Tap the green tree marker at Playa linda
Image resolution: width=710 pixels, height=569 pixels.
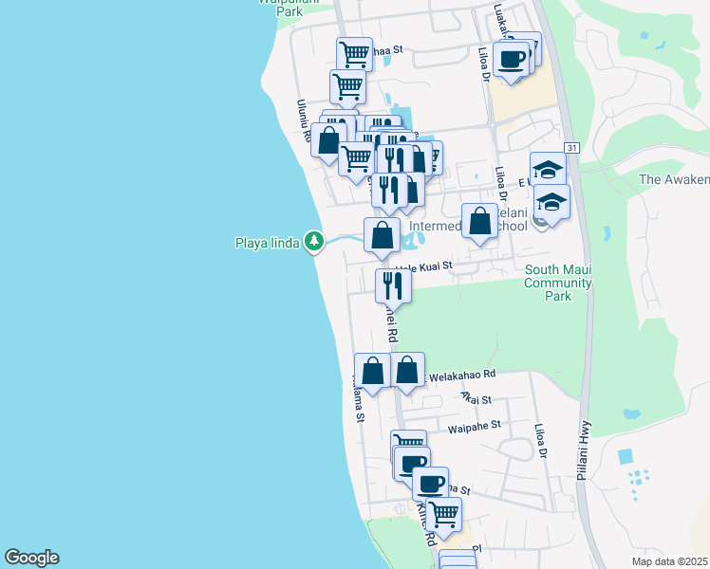coord(314,243)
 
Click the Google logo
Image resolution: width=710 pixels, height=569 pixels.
coord(30,558)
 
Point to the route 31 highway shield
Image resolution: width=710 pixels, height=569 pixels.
coord(571,148)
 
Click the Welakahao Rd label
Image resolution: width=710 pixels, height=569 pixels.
coord(462,376)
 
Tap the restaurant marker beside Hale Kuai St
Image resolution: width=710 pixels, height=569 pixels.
coord(393,284)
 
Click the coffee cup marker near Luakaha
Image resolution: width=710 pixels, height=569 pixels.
coord(511,58)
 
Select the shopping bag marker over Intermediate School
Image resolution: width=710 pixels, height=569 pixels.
coord(480,221)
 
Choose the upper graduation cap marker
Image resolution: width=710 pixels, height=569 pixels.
coord(548,170)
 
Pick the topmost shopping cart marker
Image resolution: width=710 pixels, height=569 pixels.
coord(354,53)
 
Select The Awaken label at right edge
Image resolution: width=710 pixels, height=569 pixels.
coord(674,179)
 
